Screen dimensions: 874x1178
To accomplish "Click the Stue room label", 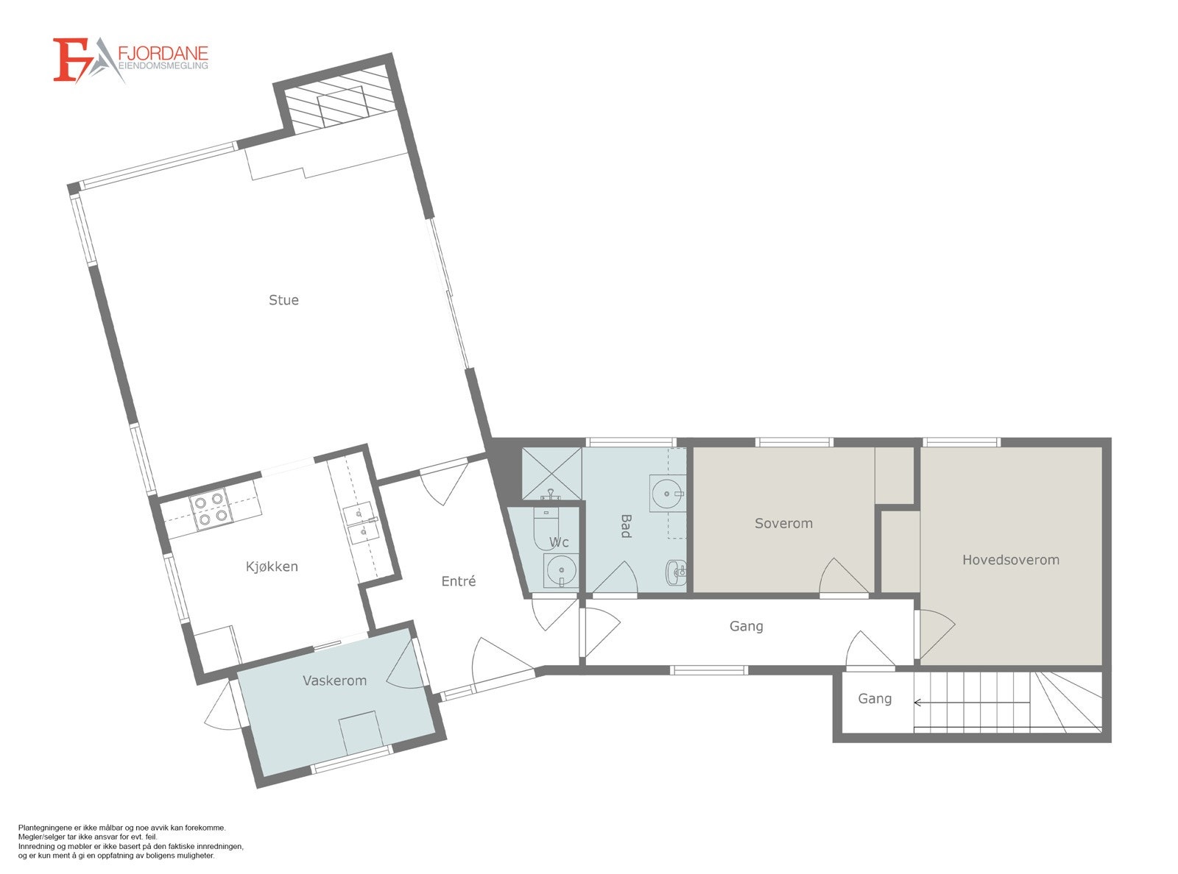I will (283, 300).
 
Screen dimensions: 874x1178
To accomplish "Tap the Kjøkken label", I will (272, 566).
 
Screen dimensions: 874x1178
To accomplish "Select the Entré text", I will (458, 581).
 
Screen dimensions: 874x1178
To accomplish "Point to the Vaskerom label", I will (334, 681).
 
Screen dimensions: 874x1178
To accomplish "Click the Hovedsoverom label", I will (1010, 560).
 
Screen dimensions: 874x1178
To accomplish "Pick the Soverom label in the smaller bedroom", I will (783, 523).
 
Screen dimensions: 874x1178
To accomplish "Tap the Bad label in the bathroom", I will (626, 525).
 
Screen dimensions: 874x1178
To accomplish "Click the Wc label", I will (559, 543).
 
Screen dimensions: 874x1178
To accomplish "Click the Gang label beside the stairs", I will (875, 699).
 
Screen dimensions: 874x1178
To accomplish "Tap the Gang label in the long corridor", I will (746, 626).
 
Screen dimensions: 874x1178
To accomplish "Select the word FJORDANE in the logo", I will (163, 54).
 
